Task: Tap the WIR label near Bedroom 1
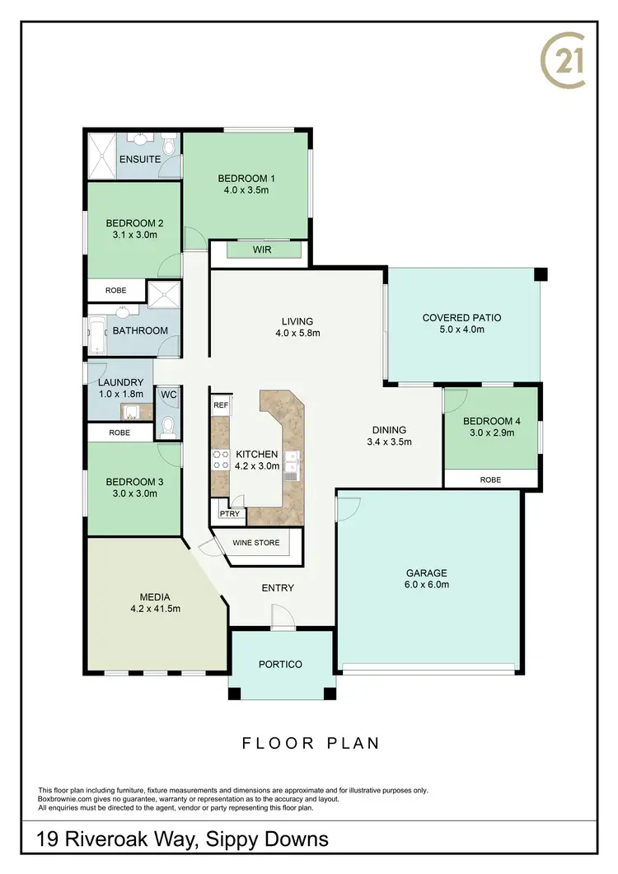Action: point(262,250)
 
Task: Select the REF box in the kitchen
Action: point(220,405)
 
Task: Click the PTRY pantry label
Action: point(228,514)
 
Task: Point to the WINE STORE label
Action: point(256,543)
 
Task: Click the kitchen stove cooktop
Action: point(220,460)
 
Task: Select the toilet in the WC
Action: point(167,426)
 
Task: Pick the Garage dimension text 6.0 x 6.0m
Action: point(427,585)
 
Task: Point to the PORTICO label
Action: point(280,664)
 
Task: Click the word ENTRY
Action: point(278,587)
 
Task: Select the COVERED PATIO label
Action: point(461,317)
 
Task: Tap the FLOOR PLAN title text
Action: point(310,743)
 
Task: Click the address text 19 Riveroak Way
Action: point(183,839)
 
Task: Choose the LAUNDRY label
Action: point(120,382)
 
